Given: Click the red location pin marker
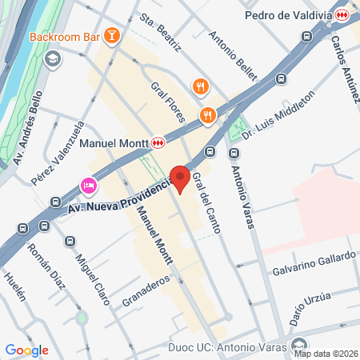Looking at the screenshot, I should (x=181, y=179).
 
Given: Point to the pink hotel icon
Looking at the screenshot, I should (x=88, y=186).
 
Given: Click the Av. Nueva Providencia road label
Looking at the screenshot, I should (x=121, y=198).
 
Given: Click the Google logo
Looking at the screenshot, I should (x=26, y=350).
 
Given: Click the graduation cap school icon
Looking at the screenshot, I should (x=53, y=59).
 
